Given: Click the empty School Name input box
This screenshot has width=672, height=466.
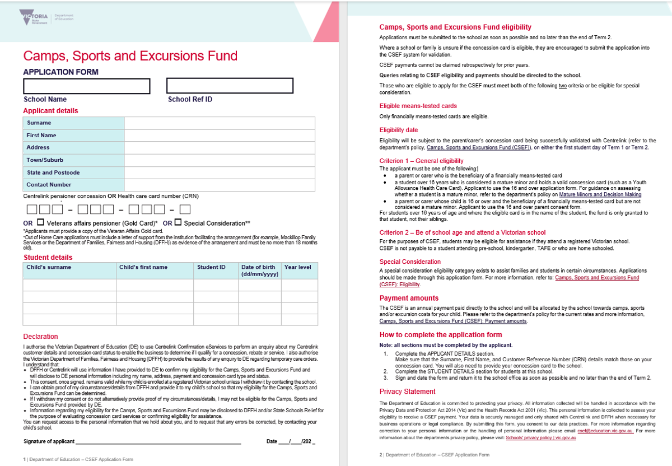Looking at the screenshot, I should click(x=87, y=86).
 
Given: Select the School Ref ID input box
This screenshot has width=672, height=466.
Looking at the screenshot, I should click(x=230, y=86).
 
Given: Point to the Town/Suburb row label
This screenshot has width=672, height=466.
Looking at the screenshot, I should click(x=45, y=160).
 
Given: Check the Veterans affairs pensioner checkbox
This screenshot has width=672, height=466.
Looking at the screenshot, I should click(x=40, y=223).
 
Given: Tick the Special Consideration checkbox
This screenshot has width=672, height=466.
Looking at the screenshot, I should click(x=178, y=223).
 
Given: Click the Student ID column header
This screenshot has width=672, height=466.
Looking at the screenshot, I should click(x=211, y=267).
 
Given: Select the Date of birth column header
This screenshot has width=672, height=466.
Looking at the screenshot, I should click(x=258, y=271).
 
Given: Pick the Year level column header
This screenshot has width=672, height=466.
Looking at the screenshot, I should click(x=297, y=267).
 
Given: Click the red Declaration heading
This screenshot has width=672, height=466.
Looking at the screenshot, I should click(x=40, y=337).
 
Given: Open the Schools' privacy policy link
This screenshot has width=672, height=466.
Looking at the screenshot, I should click(x=540, y=437).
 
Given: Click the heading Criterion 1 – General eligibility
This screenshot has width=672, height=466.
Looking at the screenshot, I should click(x=421, y=161).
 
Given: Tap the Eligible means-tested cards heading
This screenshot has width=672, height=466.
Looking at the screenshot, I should click(x=418, y=106).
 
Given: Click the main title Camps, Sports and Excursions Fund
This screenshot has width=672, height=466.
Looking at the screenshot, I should click(x=130, y=56).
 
